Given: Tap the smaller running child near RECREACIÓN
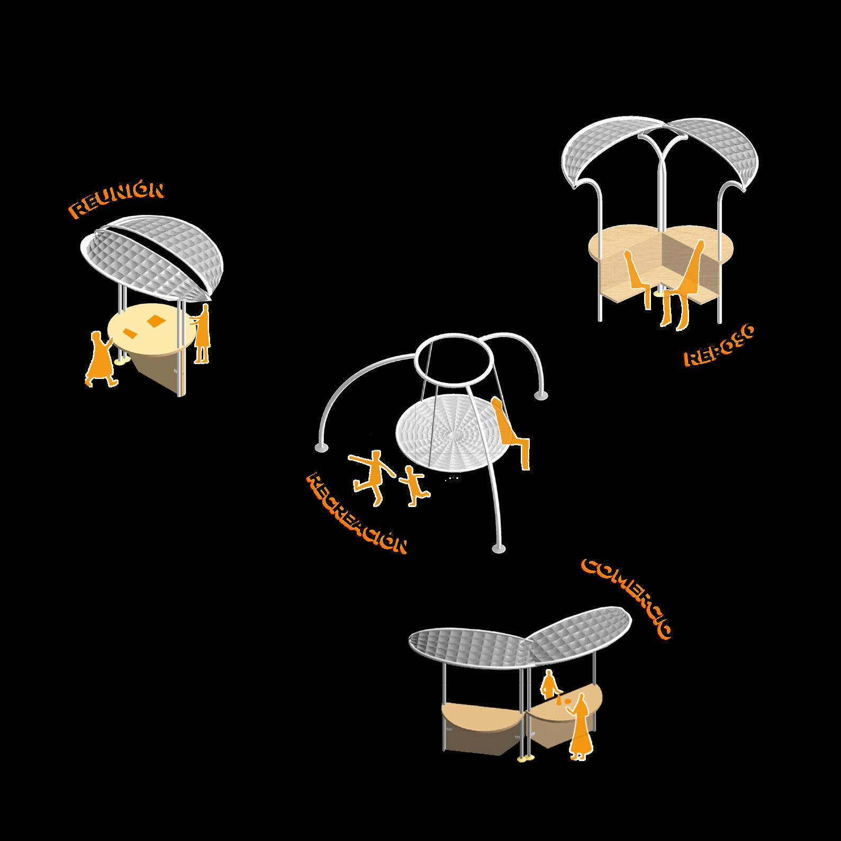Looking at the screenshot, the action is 413,484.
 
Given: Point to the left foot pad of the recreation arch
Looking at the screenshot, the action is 321,448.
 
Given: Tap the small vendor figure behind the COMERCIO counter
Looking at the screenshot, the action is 549,684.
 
